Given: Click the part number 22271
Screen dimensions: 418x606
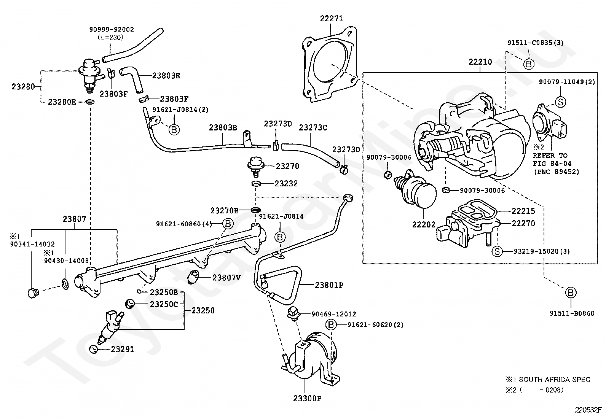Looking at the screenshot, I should (331, 18).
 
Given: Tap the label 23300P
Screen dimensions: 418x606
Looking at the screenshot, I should (307, 399).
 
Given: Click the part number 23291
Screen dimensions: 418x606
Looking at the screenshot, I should (122, 349).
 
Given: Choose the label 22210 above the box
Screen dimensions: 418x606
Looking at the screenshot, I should (480, 62).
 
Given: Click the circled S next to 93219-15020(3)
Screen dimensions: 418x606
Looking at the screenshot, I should (496, 251).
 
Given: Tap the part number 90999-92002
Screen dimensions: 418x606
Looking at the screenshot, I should (112, 29).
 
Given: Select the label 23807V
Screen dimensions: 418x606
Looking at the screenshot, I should (226, 277).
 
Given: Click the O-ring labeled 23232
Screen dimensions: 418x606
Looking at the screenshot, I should (256, 184).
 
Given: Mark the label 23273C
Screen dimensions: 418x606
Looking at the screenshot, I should (313, 127).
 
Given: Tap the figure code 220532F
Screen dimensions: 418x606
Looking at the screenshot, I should (588, 410).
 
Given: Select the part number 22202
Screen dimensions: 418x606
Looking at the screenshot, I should (423, 224).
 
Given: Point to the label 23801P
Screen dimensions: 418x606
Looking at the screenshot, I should (329, 284).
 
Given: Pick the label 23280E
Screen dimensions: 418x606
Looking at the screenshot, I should (62, 102).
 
